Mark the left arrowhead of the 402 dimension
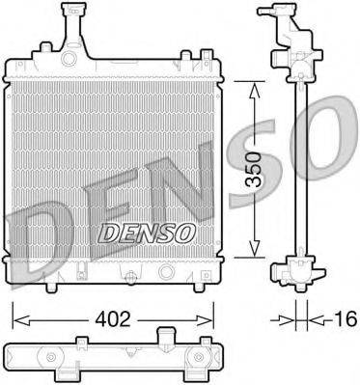point(16,316)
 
